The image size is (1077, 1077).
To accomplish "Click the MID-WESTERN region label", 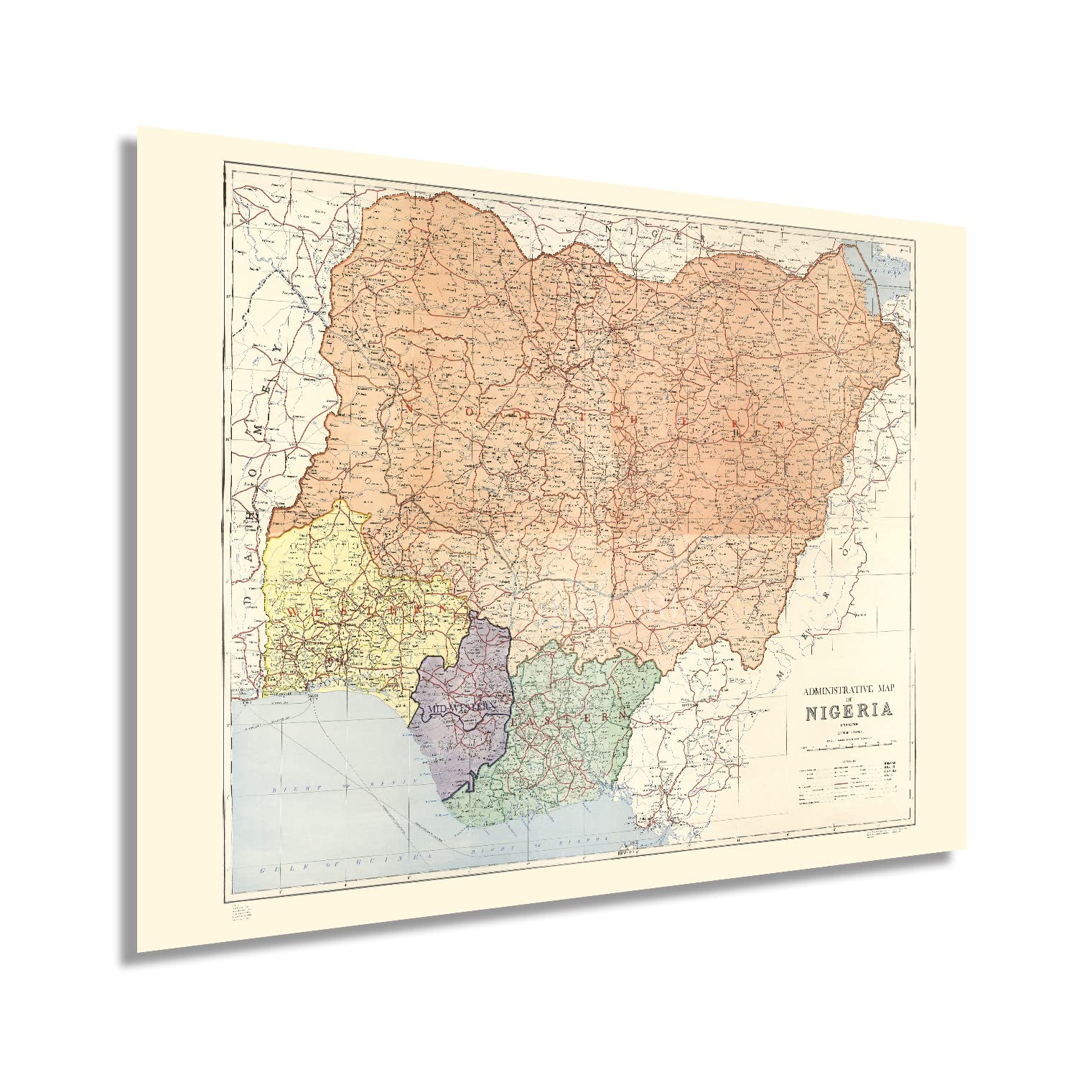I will [x=462, y=708].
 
